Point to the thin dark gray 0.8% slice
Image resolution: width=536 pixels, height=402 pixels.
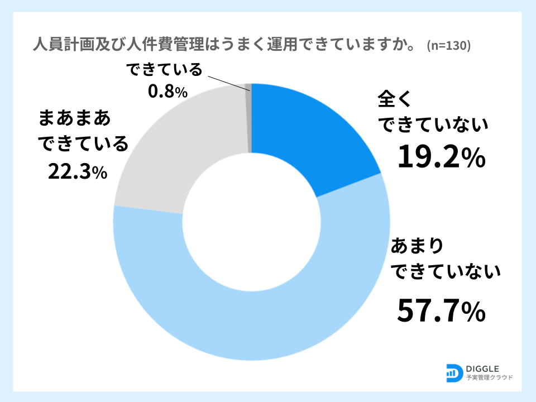[249, 117]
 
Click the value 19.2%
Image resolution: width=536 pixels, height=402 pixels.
[441, 158]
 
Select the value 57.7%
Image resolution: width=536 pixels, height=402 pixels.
[441, 312]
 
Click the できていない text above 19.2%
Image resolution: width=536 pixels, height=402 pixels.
[434, 126]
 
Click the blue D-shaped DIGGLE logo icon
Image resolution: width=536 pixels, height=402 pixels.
[454, 372]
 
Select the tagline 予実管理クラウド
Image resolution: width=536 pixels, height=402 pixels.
[489, 378]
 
